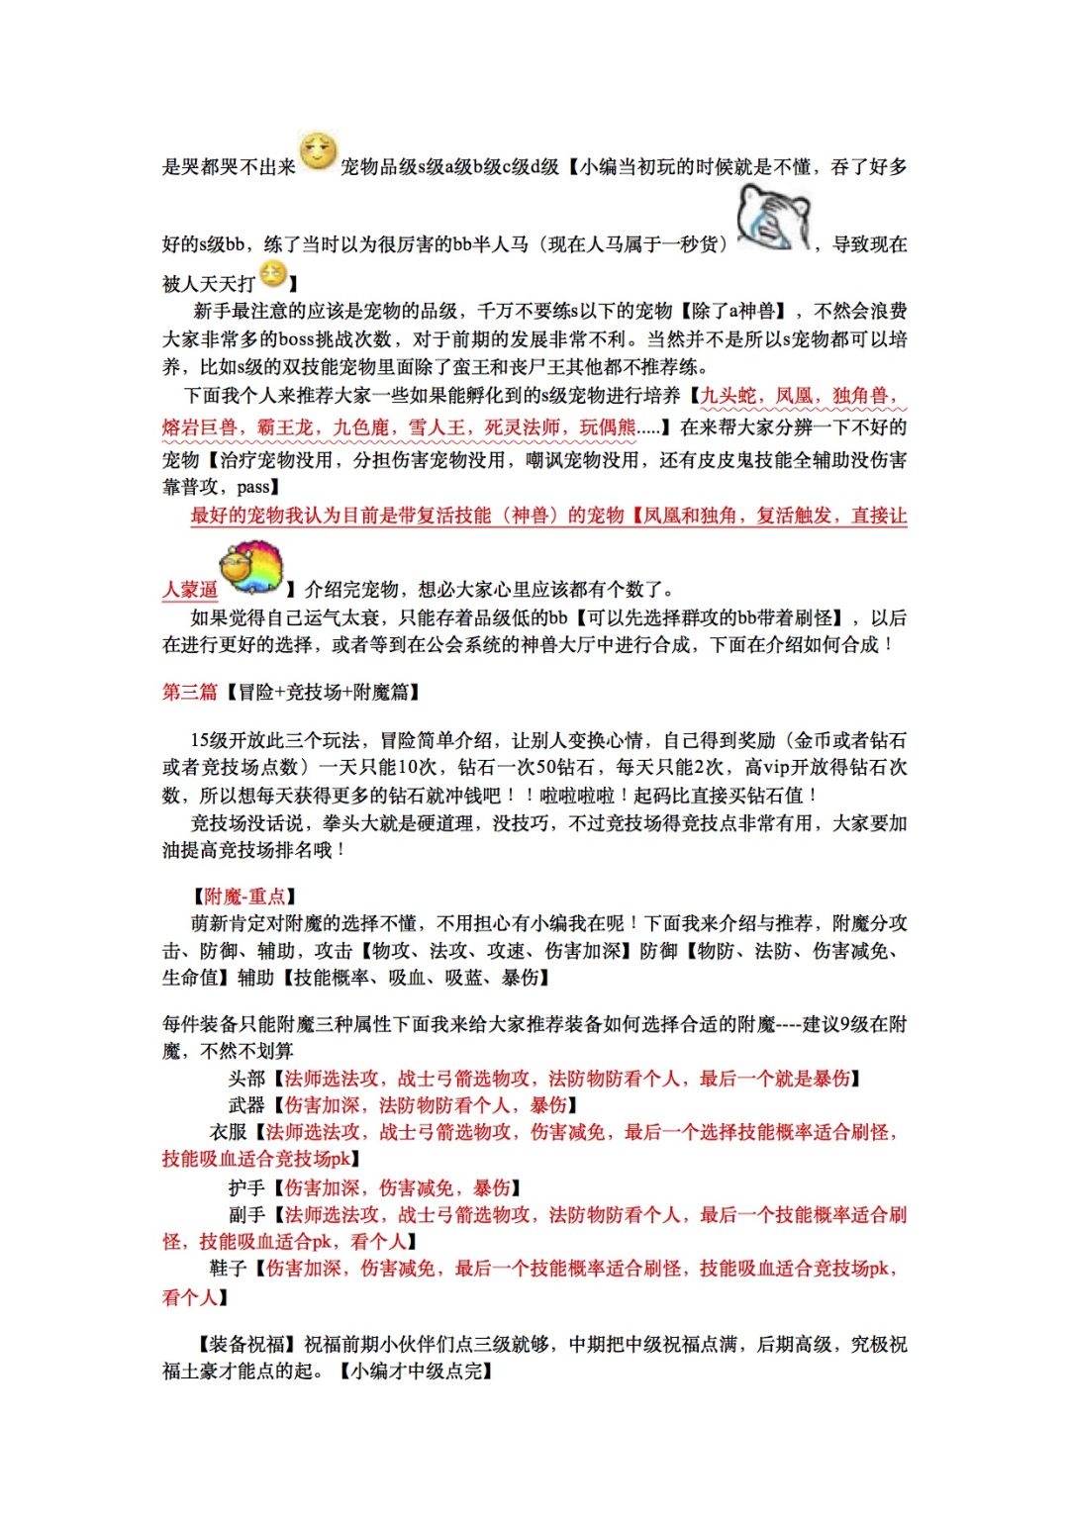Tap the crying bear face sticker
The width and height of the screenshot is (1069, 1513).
point(773,218)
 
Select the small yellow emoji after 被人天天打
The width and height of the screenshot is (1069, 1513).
point(272,274)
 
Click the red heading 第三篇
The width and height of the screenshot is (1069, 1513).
point(189,693)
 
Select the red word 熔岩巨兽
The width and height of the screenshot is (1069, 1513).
point(200,427)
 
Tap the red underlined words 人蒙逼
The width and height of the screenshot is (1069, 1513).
point(190,590)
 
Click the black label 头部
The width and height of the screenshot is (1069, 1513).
point(246,1079)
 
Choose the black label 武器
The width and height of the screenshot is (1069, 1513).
point(246,1105)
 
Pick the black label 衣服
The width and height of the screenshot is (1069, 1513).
point(228,1132)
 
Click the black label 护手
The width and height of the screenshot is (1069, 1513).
point(246,1187)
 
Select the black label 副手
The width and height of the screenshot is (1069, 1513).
point(246,1214)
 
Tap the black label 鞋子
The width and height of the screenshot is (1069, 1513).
point(228,1269)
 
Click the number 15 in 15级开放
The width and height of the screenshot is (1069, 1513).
point(201,740)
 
